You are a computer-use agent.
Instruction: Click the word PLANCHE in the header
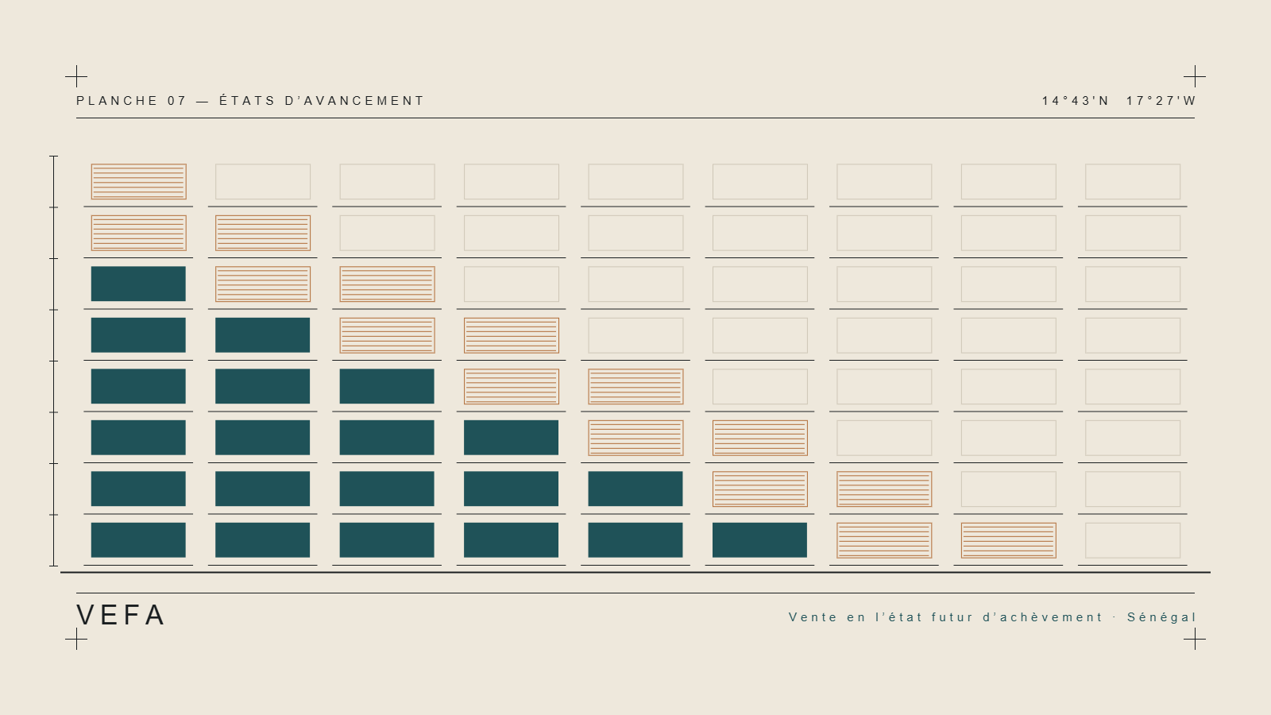[117, 101]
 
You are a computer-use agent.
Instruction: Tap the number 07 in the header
[176, 101]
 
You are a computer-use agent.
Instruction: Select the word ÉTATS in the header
[247, 100]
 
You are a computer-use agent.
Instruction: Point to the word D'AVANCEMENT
[354, 101]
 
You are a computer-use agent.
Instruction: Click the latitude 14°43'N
[1076, 101]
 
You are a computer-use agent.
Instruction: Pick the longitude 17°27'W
[1161, 101]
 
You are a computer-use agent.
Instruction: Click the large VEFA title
[121, 615]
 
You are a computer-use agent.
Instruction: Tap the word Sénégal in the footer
[1161, 616]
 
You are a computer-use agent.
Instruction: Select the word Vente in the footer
[813, 616]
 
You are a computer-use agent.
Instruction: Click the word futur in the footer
[952, 616]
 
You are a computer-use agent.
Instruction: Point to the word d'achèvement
[1043, 616]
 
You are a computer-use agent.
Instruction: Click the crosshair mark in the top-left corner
[76, 76]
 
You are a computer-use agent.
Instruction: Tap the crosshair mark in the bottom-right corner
[1195, 639]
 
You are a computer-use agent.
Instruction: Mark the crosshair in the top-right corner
[1195, 76]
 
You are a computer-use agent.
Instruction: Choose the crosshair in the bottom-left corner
[76, 639]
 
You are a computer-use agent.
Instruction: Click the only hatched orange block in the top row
[138, 182]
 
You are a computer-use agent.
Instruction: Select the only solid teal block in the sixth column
[759, 540]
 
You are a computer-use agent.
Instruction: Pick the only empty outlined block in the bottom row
[1133, 540]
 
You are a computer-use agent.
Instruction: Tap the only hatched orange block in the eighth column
[1008, 540]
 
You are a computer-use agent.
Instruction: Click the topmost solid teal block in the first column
[138, 284]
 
